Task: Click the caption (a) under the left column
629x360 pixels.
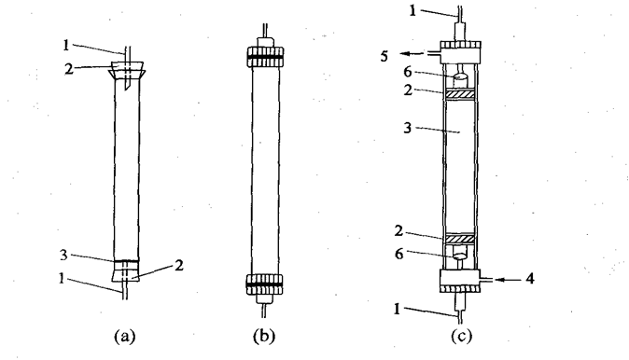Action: coord(125,336)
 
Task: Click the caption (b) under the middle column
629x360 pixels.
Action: coord(264,336)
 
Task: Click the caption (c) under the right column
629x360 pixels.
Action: coord(461,336)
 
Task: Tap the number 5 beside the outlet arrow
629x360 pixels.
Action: coord(384,56)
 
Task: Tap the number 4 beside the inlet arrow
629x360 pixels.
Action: coord(530,278)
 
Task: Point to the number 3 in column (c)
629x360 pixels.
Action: coord(407,128)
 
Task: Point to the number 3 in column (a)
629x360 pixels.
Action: coord(63,255)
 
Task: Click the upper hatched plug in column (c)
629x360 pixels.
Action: coord(459,94)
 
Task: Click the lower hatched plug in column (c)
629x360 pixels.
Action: coord(459,239)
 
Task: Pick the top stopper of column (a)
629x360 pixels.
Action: coord(127,70)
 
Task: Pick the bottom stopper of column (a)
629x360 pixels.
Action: coord(127,275)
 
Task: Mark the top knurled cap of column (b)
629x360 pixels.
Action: coord(265,57)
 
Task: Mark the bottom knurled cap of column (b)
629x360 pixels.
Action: coord(264,285)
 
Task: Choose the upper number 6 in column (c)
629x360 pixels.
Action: coord(408,72)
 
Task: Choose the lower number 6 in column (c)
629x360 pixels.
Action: coord(399,254)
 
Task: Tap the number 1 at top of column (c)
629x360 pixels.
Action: coord(412,11)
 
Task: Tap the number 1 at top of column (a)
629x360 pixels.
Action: coord(66,45)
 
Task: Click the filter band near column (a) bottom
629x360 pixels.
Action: coord(127,264)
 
